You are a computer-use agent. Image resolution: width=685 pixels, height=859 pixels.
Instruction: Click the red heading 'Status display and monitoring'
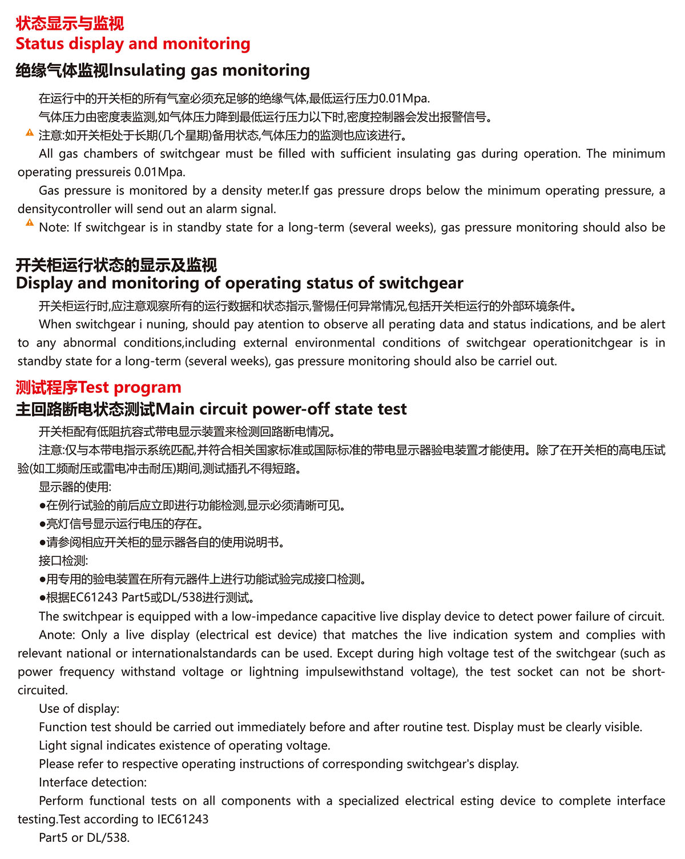click(133, 44)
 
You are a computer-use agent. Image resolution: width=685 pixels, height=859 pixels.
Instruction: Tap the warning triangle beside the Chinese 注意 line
click(30, 133)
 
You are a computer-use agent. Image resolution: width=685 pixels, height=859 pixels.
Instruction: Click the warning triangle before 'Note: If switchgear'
click(30, 223)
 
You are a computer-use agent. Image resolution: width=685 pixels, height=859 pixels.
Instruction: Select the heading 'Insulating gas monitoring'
click(209, 70)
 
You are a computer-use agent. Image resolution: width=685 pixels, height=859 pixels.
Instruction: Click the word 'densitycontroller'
click(65, 209)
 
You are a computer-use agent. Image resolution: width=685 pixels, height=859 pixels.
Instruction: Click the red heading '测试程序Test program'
click(98, 387)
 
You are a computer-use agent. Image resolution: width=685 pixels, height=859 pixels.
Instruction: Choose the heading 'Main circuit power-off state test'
click(281, 409)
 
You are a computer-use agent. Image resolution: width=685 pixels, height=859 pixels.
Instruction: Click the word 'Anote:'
click(57, 635)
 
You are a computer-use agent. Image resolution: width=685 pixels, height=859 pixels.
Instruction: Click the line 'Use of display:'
click(79, 709)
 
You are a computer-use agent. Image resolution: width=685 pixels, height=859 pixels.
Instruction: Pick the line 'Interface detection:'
click(92, 782)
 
